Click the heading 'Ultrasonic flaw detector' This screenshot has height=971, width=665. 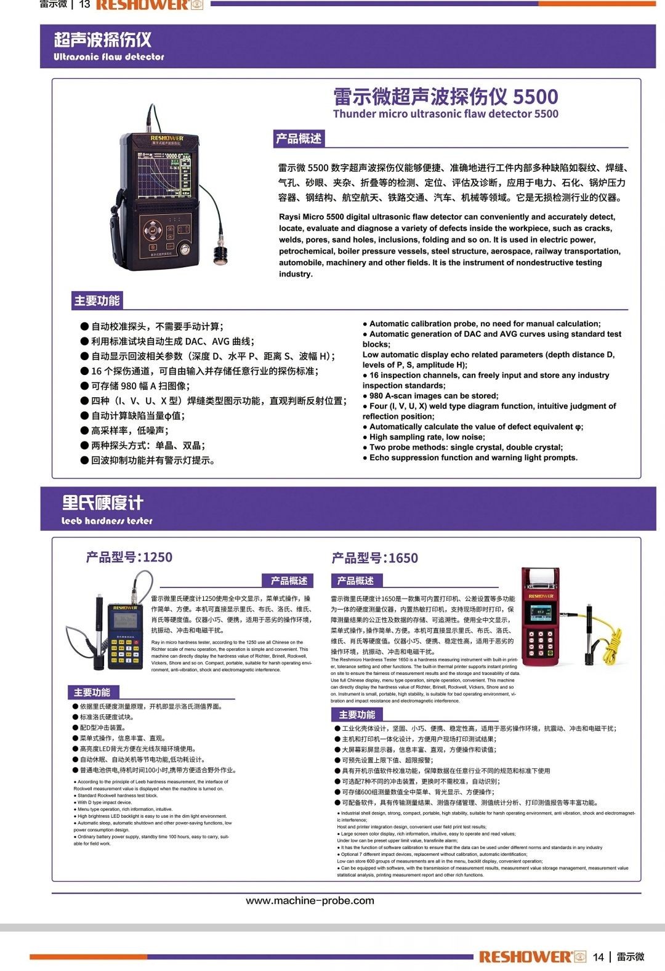click(x=109, y=57)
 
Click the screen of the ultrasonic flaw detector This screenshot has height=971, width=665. click(x=164, y=175)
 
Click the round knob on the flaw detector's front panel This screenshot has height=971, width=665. click(x=183, y=249)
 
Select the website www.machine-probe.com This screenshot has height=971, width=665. click(x=310, y=900)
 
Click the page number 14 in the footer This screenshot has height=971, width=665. click(x=598, y=956)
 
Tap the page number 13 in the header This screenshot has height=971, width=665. click(x=85, y=5)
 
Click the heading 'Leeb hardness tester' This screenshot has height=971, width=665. click(x=107, y=521)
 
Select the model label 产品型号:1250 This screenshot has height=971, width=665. click(x=129, y=557)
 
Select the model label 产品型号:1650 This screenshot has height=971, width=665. click(x=374, y=558)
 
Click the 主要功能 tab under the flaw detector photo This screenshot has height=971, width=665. click(x=97, y=300)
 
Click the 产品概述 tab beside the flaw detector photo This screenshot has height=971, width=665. click(x=298, y=139)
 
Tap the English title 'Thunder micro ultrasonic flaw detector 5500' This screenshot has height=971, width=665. click(x=445, y=114)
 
